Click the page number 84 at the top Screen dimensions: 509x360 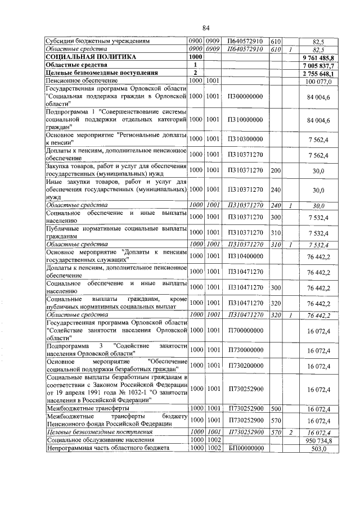[x=206, y=28]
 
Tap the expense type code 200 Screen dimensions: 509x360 [x=275, y=171]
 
